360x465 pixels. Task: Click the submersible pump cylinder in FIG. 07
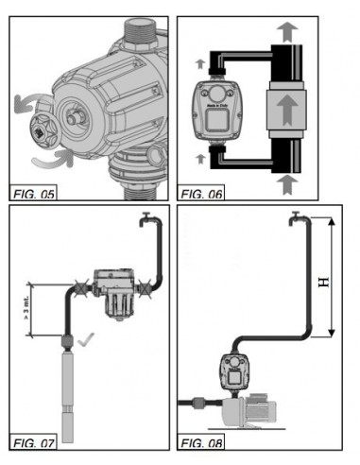tap(68, 387)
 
